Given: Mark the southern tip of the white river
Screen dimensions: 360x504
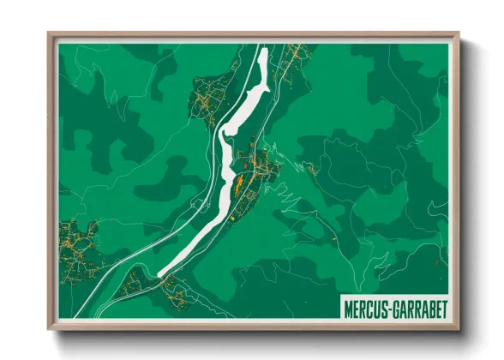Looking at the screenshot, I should tap(161, 273).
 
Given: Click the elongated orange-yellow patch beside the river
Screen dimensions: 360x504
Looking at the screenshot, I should tap(237, 180).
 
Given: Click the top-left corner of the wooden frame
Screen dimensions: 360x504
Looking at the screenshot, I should tap(50, 34).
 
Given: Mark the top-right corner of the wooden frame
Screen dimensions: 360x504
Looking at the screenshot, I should tap(459, 34).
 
